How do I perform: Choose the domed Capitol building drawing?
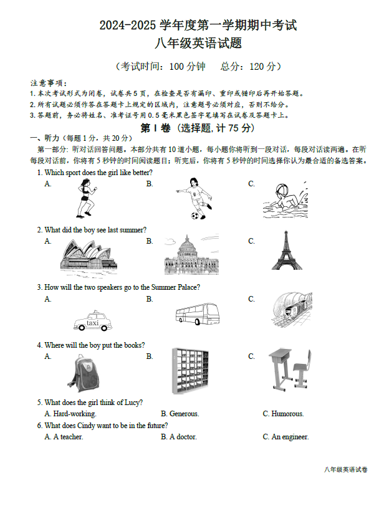(191, 255)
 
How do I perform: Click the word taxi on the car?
(92, 323)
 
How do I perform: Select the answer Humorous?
(287, 414)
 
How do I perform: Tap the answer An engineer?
(290, 437)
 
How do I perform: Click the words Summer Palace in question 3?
(176, 287)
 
